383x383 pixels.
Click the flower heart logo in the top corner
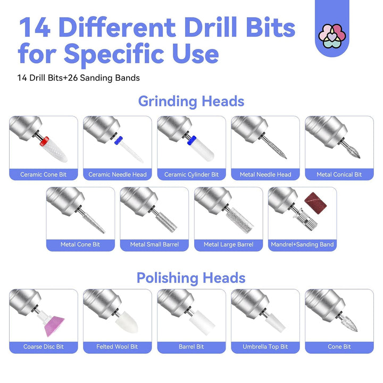pyautogui.click(x=332, y=36)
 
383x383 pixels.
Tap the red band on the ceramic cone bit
pyautogui.click(x=45, y=141)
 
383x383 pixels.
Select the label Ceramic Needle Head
pyautogui.click(x=118, y=174)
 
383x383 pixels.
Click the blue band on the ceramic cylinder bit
pyautogui.click(x=191, y=140)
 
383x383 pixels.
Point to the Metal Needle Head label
pyautogui.click(x=265, y=174)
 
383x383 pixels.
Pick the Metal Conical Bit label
pyautogui.click(x=339, y=174)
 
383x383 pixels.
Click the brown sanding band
pyautogui.click(x=315, y=203)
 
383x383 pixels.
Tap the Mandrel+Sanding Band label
pyautogui.click(x=302, y=244)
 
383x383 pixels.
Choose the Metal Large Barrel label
pyautogui.click(x=229, y=244)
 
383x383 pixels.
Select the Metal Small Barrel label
pyautogui.click(x=154, y=244)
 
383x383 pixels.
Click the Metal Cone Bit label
pyautogui.click(x=80, y=244)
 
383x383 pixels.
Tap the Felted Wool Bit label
pyautogui.click(x=117, y=346)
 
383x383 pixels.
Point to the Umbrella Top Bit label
pyautogui.click(x=265, y=346)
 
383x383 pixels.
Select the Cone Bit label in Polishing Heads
pyautogui.click(x=339, y=346)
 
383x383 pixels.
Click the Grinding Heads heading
pyautogui.click(x=191, y=102)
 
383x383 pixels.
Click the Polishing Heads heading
pyautogui.click(x=191, y=278)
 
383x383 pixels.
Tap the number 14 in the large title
pyautogui.click(x=35, y=27)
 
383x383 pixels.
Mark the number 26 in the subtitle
pyautogui.click(x=73, y=78)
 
